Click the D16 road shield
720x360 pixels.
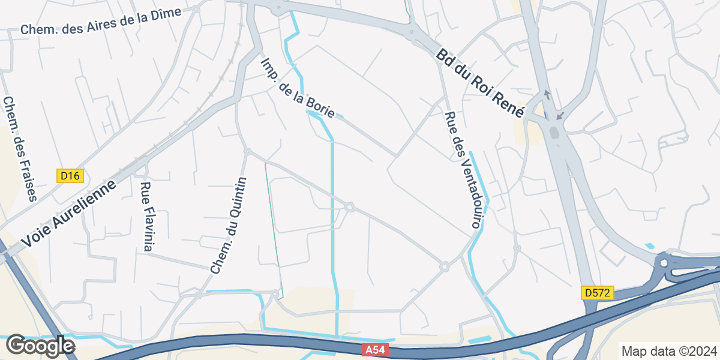[70, 176]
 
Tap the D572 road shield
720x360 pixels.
[598, 293]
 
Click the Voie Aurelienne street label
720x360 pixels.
[69, 215]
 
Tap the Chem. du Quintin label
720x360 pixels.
[229, 226]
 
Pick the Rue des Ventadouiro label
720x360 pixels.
[463, 170]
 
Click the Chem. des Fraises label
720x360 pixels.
[20, 149]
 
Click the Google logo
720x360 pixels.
[40, 346]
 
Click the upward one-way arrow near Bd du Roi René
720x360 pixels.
[546, 95]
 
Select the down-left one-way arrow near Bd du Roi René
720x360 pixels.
[560, 114]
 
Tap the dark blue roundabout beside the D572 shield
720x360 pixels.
[663, 263]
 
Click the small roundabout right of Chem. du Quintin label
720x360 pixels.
[350, 208]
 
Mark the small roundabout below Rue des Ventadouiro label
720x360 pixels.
[444, 266]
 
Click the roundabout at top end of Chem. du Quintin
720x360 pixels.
[247, 151]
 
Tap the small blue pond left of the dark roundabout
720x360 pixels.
[649, 246]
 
